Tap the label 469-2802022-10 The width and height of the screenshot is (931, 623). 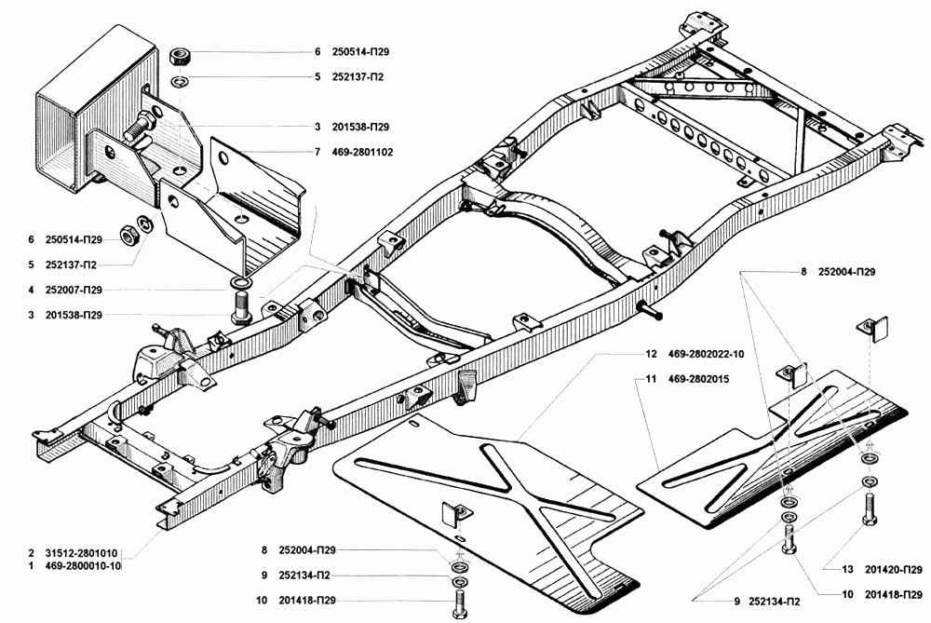click(708, 354)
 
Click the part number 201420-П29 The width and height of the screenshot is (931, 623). click(893, 570)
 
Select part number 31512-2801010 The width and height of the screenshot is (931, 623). click(82, 552)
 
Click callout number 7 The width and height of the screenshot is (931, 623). click(317, 151)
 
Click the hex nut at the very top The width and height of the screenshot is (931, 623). click(181, 55)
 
